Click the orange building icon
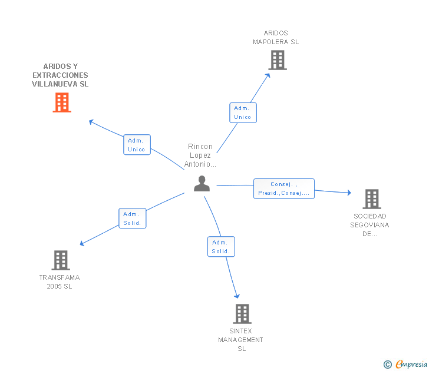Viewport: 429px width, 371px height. pos(62,102)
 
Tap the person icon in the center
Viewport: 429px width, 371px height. pos(202,184)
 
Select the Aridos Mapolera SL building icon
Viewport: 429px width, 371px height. pos(278,60)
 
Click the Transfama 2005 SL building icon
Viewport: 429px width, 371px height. pos(61,260)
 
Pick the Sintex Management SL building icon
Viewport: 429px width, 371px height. pos(242,314)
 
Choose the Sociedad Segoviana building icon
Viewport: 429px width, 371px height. pos(372,199)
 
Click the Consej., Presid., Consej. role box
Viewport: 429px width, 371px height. pos(284,188)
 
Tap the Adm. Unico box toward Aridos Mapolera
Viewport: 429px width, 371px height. pos(243,112)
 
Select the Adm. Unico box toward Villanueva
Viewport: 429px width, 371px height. pos(137,145)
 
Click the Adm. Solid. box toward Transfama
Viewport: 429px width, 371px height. pos(133,218)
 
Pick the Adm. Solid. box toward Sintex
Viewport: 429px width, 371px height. pos(221,247)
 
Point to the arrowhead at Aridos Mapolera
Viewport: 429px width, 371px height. pos(268,75)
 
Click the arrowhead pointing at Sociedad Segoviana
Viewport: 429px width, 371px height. pos(349,193)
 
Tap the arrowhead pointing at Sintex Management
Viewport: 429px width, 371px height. pos(237,296)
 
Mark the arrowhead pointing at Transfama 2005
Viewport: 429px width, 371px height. pos(82,243)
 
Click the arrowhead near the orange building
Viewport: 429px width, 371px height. pos(91,122)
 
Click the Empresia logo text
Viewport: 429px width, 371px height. pos(411,364)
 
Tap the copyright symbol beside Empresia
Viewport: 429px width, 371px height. pos(388,365)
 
